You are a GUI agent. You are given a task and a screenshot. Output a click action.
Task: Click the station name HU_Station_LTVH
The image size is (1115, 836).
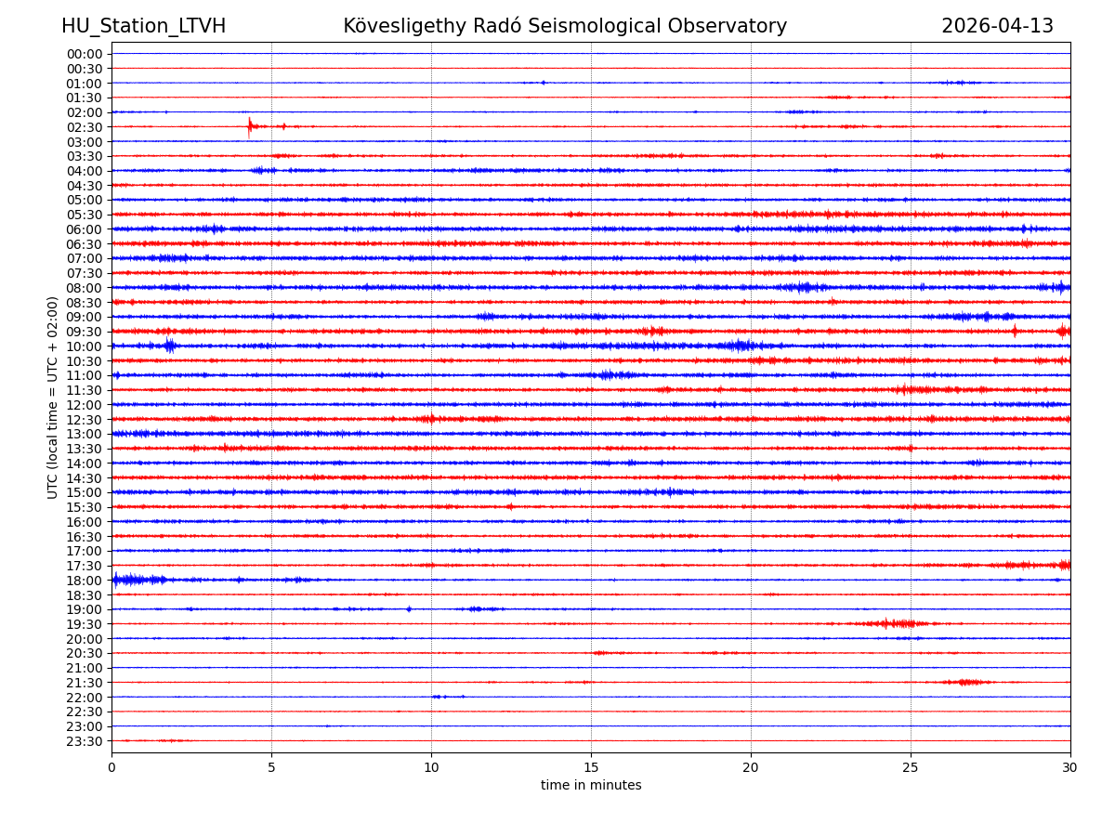[143, 26]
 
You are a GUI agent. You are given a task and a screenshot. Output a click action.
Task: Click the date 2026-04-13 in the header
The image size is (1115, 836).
[997, 26]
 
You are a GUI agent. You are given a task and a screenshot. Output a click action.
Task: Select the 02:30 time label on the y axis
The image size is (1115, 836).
[84, 127]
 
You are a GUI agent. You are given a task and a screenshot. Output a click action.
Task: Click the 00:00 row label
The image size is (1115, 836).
[84, 54]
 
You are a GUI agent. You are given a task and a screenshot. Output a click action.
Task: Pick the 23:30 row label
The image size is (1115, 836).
[84, 741]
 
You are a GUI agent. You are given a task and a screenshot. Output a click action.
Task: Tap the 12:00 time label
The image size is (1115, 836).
[84, 405]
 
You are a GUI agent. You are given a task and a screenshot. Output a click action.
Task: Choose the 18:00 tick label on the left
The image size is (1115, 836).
[84, 581]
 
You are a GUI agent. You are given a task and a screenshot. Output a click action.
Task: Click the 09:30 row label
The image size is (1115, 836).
[84, 332]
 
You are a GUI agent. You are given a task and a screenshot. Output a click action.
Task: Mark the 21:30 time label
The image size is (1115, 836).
[84, 683]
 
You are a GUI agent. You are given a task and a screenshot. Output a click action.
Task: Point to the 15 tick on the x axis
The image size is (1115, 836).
[591, 767]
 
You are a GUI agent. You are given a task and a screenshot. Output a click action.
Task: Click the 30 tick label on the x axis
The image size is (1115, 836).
[1070, 767]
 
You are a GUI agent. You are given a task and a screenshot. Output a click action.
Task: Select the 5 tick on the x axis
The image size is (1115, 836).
[271, 767]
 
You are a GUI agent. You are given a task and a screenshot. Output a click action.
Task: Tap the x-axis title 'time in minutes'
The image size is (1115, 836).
[591, 786]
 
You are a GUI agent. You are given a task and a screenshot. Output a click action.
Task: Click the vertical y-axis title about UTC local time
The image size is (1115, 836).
[53, 398]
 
